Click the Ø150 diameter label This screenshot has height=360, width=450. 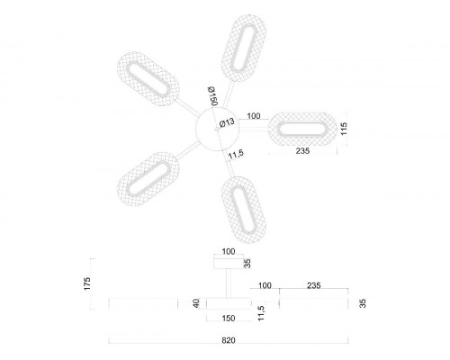coord(212,96)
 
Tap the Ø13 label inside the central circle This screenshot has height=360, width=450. coord(227,122)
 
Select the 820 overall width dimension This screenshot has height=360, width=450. coord(229,340)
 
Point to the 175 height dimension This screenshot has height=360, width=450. coord(87,283)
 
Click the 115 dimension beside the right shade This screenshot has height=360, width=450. coord(344,129)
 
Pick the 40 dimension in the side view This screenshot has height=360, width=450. coord(196,303)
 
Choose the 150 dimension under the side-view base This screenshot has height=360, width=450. coord(229,319)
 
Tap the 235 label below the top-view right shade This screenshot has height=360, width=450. coord(302,151)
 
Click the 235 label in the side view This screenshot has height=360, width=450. coord(314,285)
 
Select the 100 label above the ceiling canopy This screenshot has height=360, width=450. coord(229,251)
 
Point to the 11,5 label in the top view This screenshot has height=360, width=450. coord(236,154)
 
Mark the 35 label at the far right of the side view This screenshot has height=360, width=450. coord(363,303)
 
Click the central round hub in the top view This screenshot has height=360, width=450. coord(217,129)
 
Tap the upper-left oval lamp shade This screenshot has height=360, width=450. coord(148,79)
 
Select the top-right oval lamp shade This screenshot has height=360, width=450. coord(244,48)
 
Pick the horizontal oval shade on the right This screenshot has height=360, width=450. coord(302,130)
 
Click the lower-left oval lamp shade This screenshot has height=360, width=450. coord(148,179)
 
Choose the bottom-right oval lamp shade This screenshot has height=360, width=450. coord(244,210)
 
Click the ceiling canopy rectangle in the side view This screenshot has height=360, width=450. coord(229,263)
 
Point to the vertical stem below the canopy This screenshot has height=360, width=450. coord(229,283)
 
